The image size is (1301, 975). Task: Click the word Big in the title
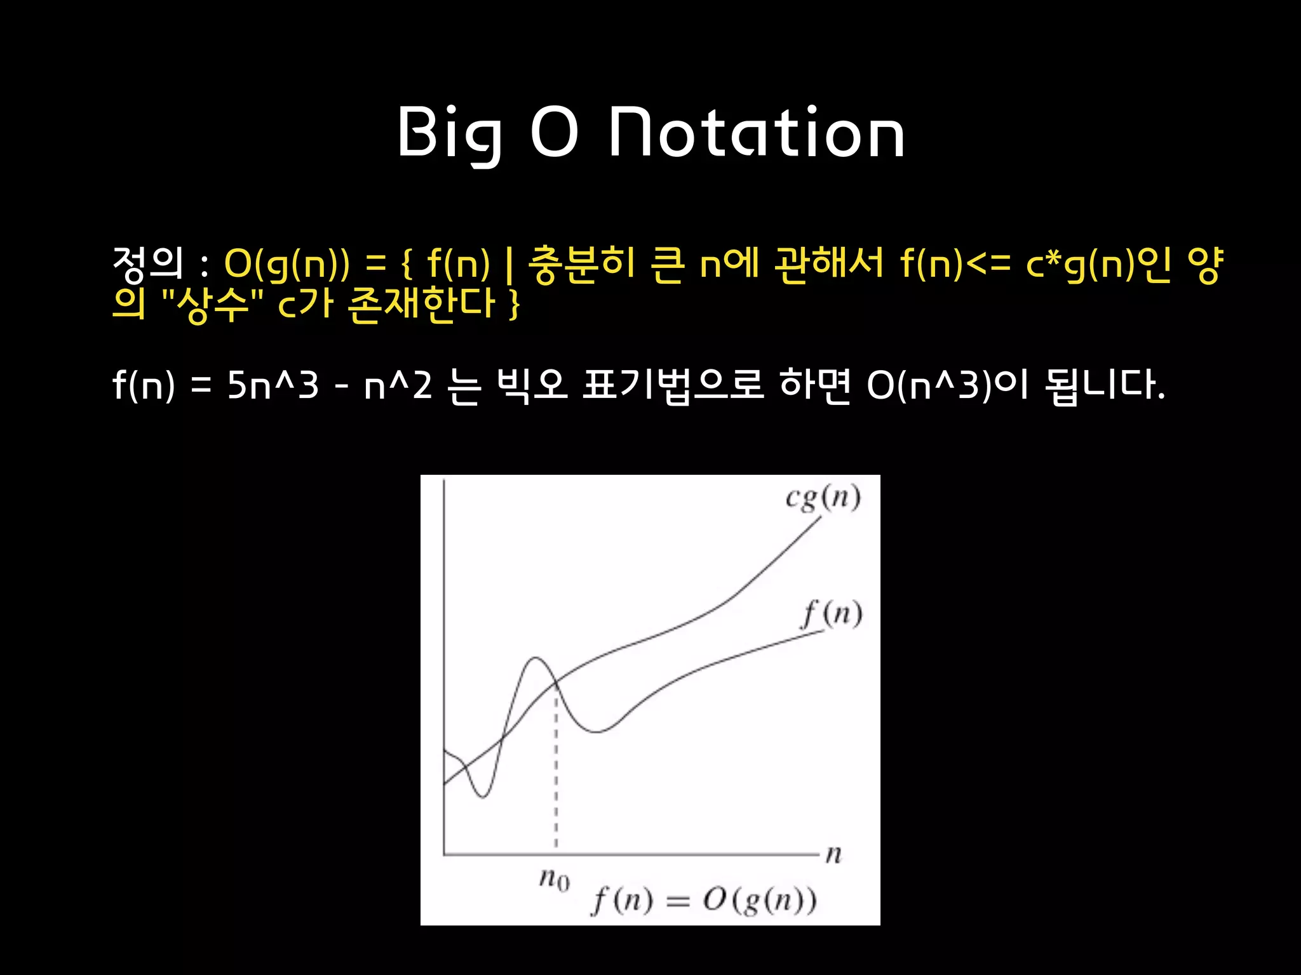(x=450, y=133)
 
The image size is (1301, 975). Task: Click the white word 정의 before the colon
(x=147, y=263)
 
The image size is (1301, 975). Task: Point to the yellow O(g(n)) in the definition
(x=286, y=263)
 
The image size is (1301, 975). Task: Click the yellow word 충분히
(x=581, y=263)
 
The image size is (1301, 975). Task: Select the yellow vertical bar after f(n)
(x=509, y=265)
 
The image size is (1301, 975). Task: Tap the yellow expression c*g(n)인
(x=1098, y=263)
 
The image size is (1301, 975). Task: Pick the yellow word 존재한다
(x=421, y=304)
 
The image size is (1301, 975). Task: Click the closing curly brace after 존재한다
(x=515, y=305)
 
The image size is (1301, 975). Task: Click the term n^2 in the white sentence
(x=398, y=385)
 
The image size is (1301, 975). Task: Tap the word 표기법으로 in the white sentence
(x=673, y=385)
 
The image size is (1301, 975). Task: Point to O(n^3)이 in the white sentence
(x=947, y=385)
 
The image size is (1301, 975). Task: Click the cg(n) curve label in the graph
(x=823, y=498)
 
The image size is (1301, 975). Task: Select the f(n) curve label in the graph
(x=832, y=614)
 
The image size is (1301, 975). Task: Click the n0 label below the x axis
(x=554, y=879)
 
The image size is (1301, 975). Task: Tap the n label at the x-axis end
(x=833, y=854)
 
